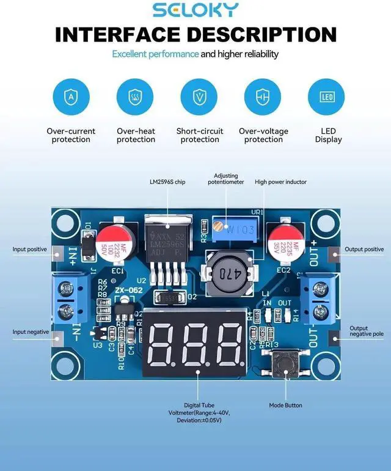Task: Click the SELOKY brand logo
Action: [x=195, y=10]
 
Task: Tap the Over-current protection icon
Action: [x=71, y=97]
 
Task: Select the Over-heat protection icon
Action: [x=136, y=97]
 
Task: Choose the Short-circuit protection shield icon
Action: [x=199, y=97]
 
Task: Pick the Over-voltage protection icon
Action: [x=263, y=97]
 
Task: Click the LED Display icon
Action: [x=327, y=97]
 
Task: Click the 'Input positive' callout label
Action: [x=30, y=249]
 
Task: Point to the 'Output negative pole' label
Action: [x=367, y=332]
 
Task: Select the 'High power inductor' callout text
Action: [x=281, y=182]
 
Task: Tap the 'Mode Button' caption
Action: [x=285, y=405]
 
